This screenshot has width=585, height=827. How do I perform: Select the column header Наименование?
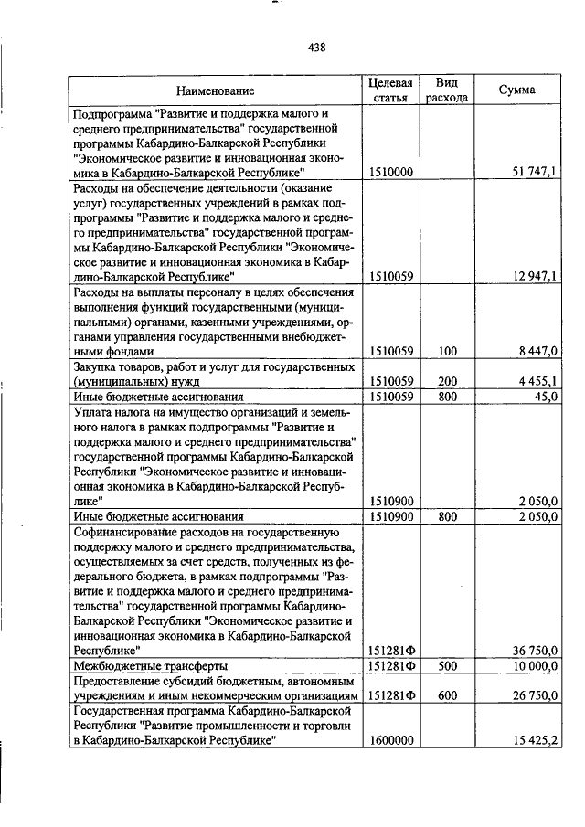tap(216, 90)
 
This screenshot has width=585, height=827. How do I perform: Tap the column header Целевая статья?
tap(389, 90)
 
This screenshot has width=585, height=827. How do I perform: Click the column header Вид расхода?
tap(446, 90)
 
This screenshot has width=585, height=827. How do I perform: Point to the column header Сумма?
tap(516, 90)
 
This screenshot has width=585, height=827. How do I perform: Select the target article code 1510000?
tap(389, 171)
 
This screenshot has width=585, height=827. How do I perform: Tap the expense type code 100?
tap(446, 350)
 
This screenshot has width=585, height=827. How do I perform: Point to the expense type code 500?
tap(446, 666)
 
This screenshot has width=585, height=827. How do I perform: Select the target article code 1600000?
tap(389, 739)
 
